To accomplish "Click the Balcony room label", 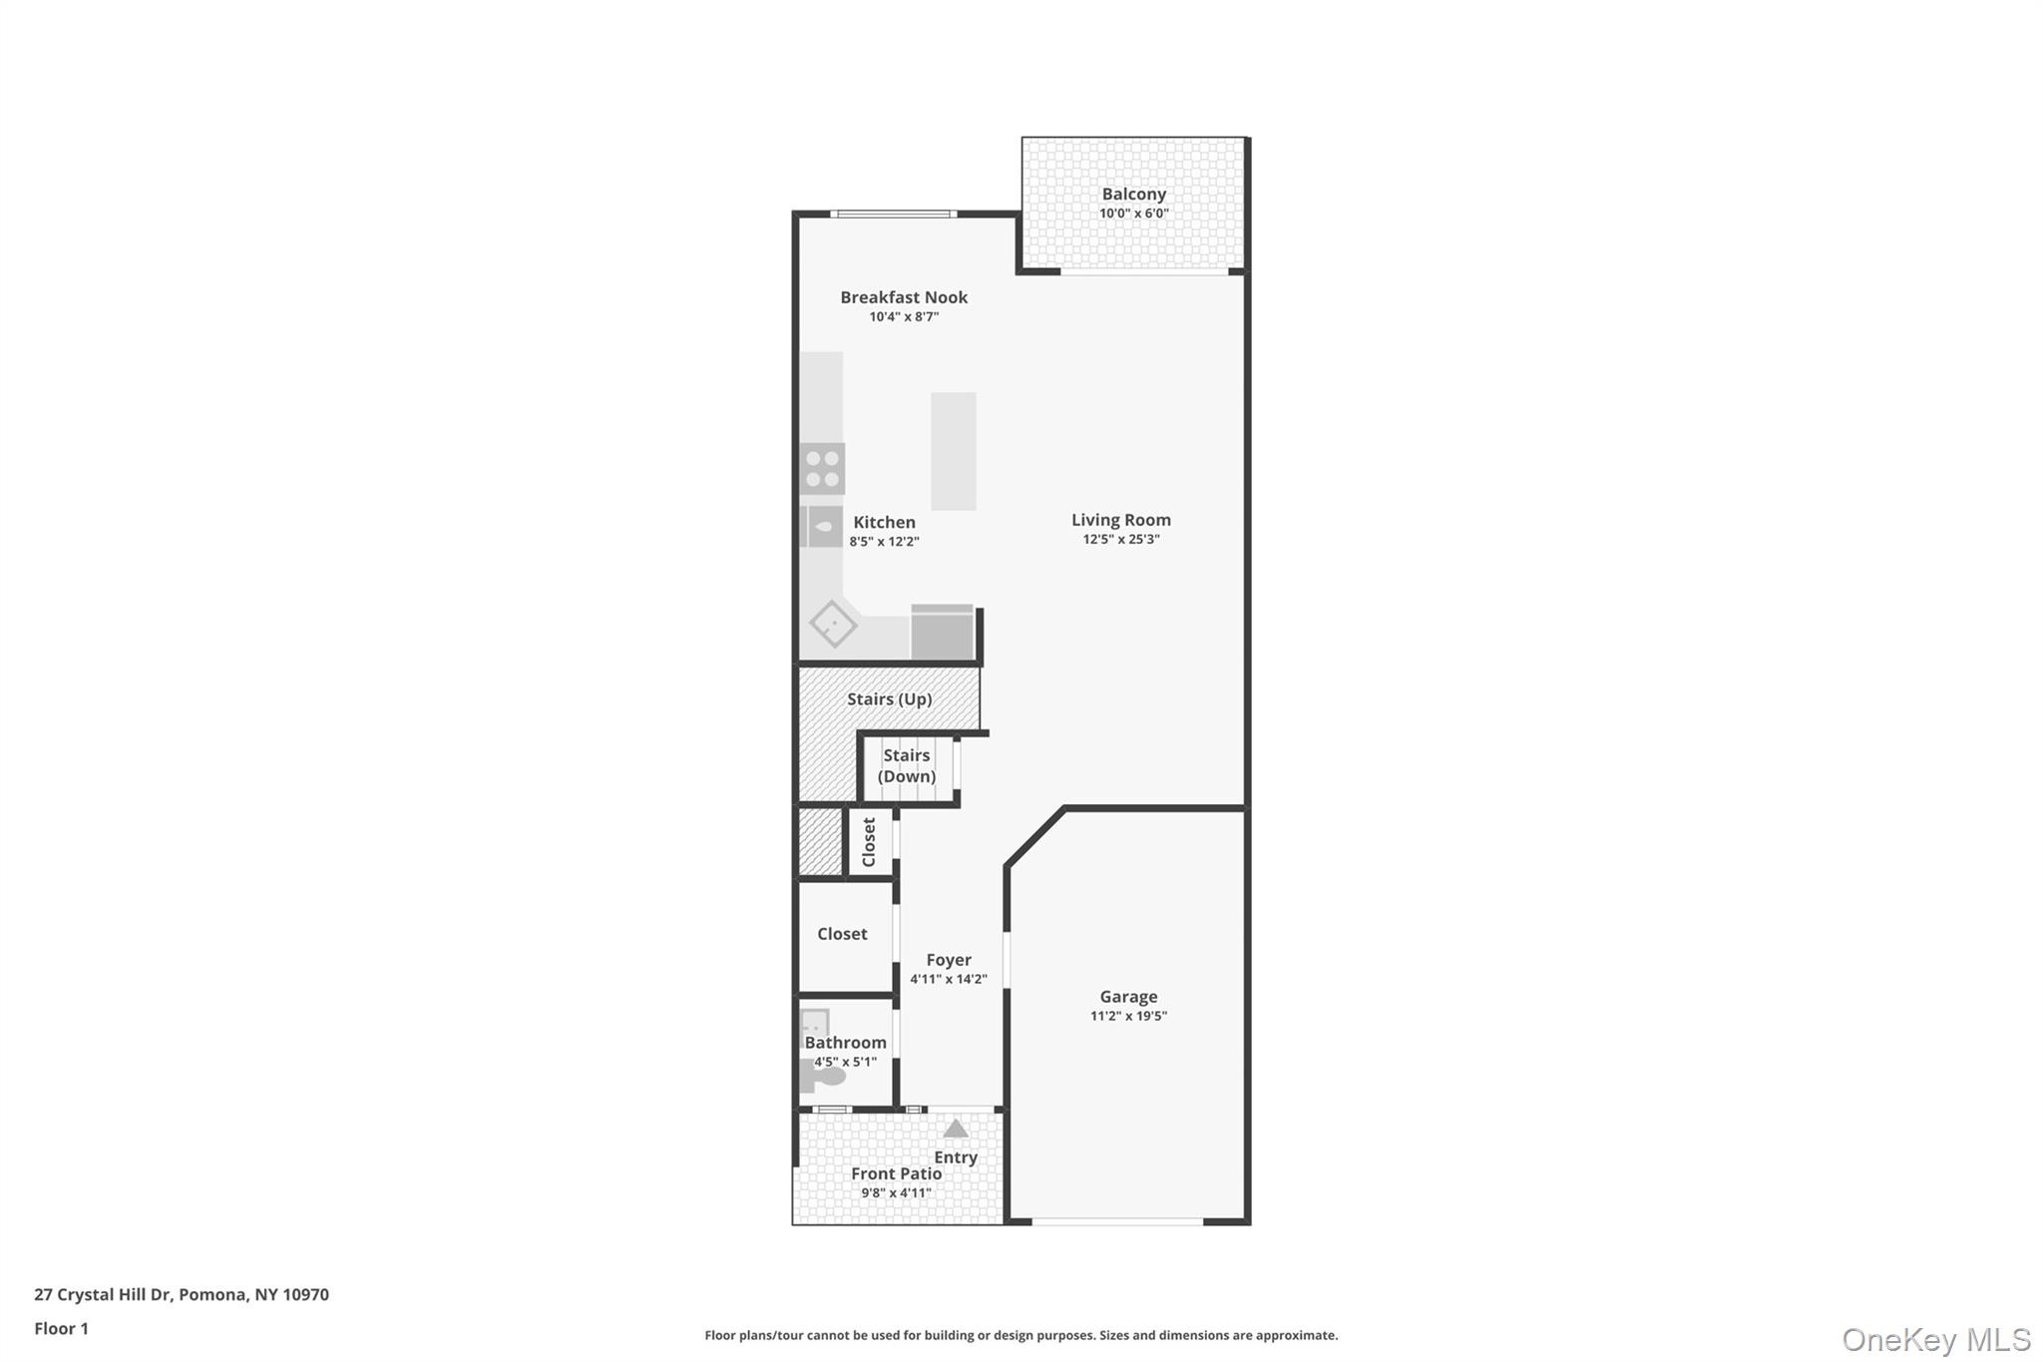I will click(1133, 195).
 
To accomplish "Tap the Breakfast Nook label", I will click(904, 297).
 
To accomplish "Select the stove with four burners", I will click(823, 469).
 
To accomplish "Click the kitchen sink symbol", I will click(823, 527).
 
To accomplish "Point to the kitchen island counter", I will click(954, 451).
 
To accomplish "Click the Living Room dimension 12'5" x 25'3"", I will click(1121, 540).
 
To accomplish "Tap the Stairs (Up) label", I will click(890, 699).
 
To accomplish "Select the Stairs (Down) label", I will click(907, 766).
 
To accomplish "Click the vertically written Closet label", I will click(869, 842).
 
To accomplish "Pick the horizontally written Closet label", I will click(842, 934).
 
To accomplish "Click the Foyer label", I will click(949, 960).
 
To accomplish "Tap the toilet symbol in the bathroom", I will click(824, 1077).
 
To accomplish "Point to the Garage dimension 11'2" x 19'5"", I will click(1128, 1017).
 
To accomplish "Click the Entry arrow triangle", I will click(956, 1129).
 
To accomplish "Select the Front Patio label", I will click(896, 1174).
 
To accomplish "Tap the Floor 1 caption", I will click(62, 1329).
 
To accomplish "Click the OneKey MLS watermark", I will click(1936, 1339).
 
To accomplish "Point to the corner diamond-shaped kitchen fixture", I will click(833, 625).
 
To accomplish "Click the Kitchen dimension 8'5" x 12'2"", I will click(884, 542).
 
